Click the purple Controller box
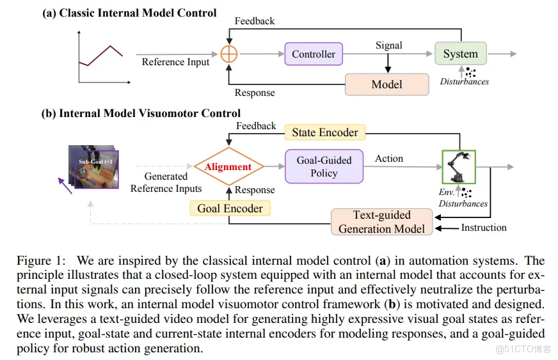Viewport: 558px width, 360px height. [x=314, y=54]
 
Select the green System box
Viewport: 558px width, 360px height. [x=460, y=54]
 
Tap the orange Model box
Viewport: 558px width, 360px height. [x=387, y=84]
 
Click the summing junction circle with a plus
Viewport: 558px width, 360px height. [x=229, y=54]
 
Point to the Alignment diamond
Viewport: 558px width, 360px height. [x=228, y=167]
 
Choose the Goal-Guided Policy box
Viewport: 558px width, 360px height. [x=324, y=166]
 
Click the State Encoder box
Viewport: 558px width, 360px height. [x=324, y=132]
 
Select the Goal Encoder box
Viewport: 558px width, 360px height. [x=230, y=208]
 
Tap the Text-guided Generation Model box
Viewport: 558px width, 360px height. [x=381, y=222]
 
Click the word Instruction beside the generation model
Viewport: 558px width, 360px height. [x=484, y=228]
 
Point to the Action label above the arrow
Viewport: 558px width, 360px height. [x=389, y=159]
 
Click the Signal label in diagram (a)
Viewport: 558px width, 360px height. [x=388, y=45]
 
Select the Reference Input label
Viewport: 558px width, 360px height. [x=175, y=62]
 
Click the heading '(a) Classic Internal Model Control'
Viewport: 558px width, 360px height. [x=129, y=13]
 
